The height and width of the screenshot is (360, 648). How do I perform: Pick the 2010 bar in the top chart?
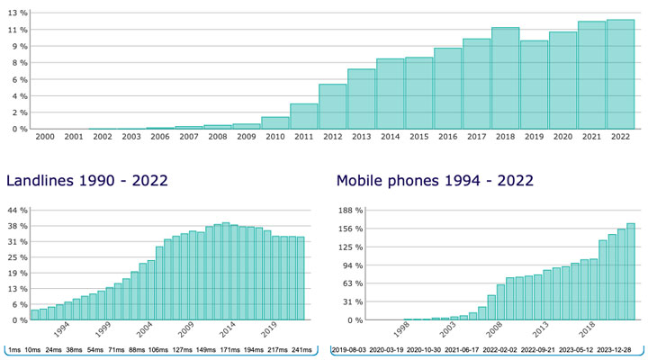pos(275,123)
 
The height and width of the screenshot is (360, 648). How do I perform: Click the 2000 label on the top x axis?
pos(45,136)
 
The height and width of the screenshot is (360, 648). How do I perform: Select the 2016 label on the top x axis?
pos(448,136)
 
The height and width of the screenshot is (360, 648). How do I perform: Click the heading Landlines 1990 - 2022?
pos(87,181)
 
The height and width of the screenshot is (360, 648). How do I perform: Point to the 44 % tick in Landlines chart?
pos(18,211)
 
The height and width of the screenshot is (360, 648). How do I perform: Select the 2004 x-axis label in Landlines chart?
pos(143,328)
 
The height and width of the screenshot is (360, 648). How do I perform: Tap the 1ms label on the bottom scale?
pos(13,349)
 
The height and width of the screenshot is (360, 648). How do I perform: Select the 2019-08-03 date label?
pos(351,349)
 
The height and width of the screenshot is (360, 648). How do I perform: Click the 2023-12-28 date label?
pos(616,349)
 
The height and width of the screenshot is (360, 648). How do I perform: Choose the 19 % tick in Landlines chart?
pos(18,273)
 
